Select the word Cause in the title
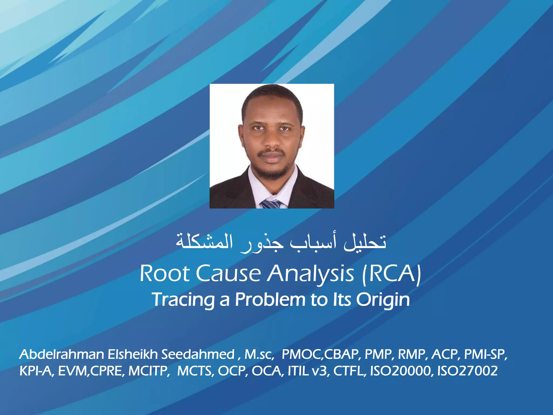pos(228,273)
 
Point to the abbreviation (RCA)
pos(392,274)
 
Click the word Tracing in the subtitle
pos(183,300)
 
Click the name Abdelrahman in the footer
pos(62,354)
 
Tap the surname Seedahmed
pos(198,354)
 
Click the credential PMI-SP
pos(484,354)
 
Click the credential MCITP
pos(148,371)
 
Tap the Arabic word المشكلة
pos(204,242)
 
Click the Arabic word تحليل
pos(365,242)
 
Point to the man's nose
pos(272,140)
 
